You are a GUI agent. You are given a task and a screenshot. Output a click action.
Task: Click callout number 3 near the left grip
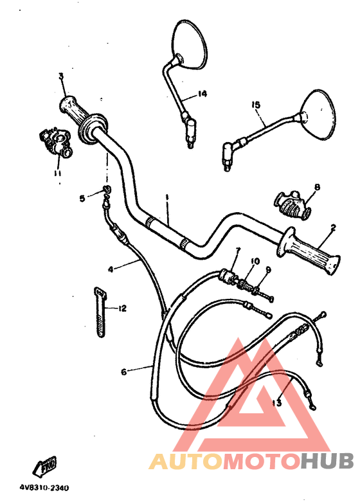61,76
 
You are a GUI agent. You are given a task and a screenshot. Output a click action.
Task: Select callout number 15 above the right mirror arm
256,105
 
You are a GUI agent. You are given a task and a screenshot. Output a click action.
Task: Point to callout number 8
316,187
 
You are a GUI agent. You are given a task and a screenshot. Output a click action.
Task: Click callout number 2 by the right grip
333,227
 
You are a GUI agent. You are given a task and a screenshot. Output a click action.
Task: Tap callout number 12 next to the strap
122,309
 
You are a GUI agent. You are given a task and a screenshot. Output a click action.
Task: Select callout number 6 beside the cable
124,371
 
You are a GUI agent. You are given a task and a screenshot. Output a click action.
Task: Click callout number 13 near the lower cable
277,403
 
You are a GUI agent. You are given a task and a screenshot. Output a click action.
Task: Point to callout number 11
57,173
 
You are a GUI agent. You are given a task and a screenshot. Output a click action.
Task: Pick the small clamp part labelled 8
292,203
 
